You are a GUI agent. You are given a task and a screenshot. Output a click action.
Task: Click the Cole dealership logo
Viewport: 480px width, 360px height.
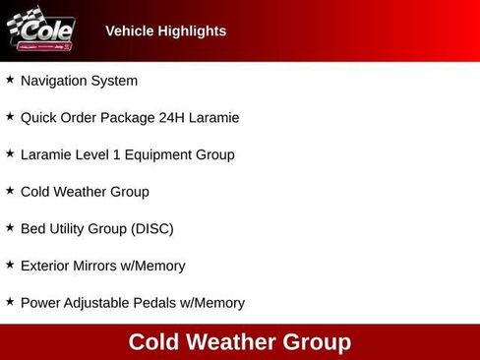[x=40, y=30]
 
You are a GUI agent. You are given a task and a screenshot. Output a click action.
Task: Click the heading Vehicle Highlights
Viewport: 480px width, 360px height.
[x=165, y=31]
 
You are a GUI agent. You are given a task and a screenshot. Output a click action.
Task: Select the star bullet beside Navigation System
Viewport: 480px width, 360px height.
[x=10, y=80]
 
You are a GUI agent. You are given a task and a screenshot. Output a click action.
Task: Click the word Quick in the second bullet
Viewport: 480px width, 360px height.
[x=39, y=118]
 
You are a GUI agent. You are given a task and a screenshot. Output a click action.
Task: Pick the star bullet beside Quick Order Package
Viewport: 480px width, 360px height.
[x=10, y=117]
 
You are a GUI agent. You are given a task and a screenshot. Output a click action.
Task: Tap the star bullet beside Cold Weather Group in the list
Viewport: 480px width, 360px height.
[x=10, y=191]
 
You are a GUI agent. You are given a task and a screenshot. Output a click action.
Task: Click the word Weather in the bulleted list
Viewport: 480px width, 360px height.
[x=89, y=192]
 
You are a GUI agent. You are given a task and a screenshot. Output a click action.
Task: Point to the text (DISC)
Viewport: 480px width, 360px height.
[x=152, y=229]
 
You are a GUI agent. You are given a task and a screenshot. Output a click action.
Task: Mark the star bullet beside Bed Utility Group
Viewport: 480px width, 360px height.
[x=10, y=228]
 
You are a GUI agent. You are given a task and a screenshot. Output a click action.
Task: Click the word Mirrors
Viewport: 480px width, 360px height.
[x=105, y=266]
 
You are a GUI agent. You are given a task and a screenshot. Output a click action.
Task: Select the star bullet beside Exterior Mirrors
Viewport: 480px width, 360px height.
[x=10, y=265]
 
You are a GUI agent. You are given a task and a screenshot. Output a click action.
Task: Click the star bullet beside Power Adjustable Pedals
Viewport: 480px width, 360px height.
[x=10, y=302]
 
